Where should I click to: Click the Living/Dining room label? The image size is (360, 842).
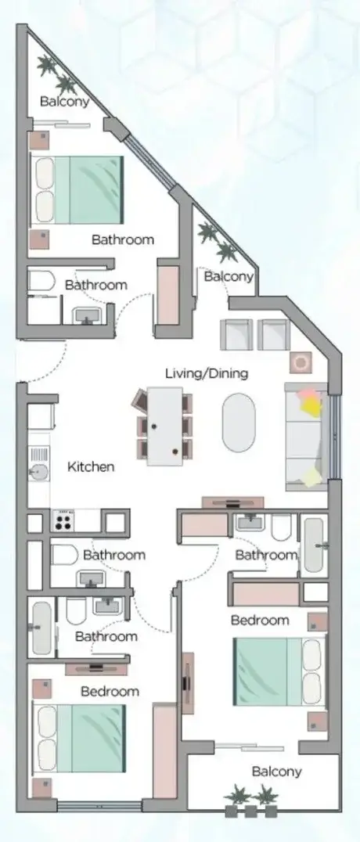pyautogui.click(x=207, y=373)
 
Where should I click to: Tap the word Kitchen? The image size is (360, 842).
pyautogui.click(x=91, y=466)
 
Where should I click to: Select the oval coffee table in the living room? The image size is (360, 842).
pyautogui.click(x=239, y=422)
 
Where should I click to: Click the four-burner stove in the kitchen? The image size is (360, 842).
pyautogui.click(x=63, y=520)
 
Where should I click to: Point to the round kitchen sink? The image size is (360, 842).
pyautogui.click(x=38, y=472)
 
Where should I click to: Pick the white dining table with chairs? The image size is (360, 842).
pyautogui.click(x=164, y=426)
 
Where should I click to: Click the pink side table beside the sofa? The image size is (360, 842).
pyautogui.click(x=300, y=363)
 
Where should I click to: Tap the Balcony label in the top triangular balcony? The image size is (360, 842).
pyautogui.click(x=64, y=101)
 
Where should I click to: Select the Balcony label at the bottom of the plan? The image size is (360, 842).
pyautogui.click(x=277, y=772)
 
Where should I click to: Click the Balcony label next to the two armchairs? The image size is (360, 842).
pyautogui.click(x=229, y=276)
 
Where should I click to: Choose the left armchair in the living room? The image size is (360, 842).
pyautogui.click(x=236, y=335)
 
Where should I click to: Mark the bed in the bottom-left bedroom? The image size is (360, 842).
pyautogui.click(x=79, y=739)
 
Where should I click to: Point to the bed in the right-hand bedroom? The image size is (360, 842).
pyautogui.click(x=279, y=671)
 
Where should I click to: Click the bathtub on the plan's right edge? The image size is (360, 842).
pyautogui.click(x=315, y=545)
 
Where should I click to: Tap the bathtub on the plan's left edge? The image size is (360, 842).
pyautogui.click(x=41, y=628)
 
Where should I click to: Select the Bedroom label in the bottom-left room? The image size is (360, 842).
pyautogui.click(x=110, y=690)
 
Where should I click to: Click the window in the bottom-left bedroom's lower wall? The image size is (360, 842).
pyautogui.click(x=99, y=806)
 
